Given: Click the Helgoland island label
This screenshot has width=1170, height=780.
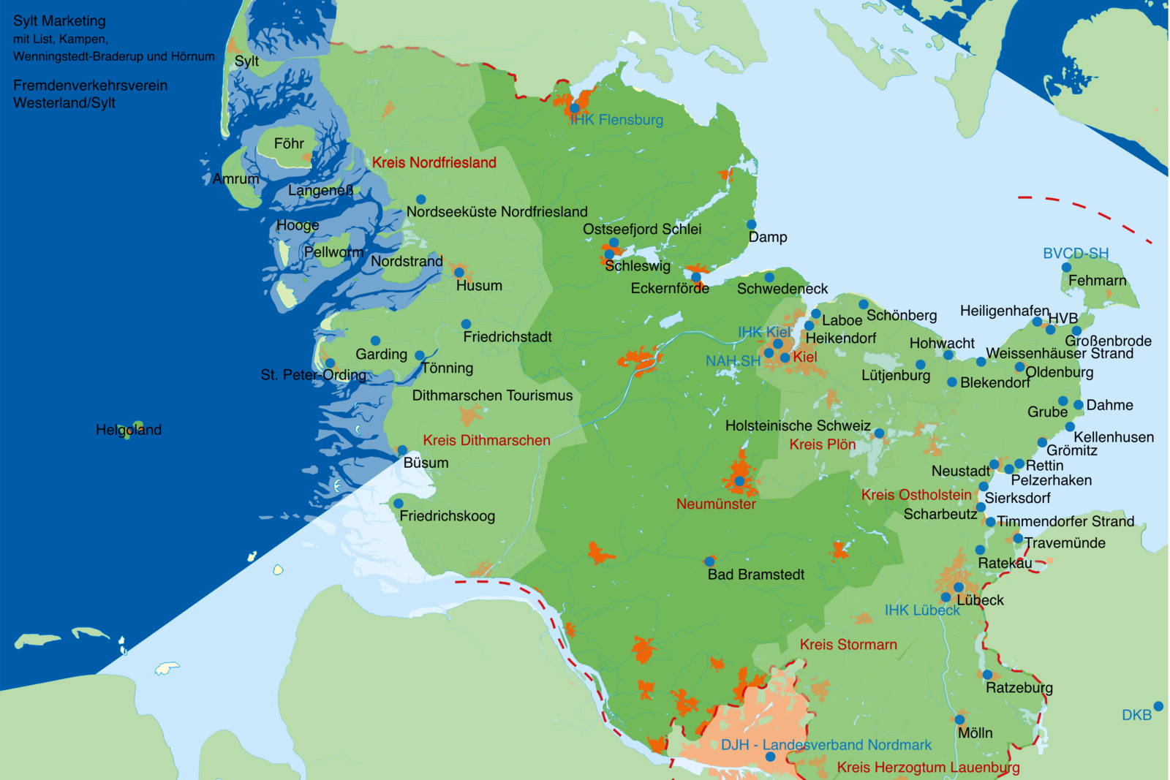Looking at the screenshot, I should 129,430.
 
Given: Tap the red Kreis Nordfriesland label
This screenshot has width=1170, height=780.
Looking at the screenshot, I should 434,162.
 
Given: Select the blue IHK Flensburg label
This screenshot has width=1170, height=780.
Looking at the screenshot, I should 616,120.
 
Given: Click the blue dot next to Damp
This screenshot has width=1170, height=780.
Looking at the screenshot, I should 751,224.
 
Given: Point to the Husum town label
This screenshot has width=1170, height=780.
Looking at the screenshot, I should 479,286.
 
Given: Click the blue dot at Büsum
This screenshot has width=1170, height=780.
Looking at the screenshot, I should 402,450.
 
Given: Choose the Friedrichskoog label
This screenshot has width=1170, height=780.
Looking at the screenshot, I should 447,516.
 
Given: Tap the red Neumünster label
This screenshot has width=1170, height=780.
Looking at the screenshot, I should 716,504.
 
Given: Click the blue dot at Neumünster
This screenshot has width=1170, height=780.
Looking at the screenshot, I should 739,481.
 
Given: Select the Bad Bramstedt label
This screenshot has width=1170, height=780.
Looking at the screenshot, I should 755,575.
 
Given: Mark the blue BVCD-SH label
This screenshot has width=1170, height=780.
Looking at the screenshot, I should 1075,253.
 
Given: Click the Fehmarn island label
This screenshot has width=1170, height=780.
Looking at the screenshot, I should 1097,281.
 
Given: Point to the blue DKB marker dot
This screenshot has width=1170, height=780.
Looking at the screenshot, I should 1158,706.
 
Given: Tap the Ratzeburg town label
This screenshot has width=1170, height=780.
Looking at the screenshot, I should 1019,688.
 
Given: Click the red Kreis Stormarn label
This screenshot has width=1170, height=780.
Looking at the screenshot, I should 848,645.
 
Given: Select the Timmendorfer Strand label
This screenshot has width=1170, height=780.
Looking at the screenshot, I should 1065,521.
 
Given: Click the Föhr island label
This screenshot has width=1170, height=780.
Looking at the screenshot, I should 289,144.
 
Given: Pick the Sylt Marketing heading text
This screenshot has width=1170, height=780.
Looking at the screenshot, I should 59,21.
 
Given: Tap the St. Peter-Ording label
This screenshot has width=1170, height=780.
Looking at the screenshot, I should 313,375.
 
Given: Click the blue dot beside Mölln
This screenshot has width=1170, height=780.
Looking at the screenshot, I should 959,720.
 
